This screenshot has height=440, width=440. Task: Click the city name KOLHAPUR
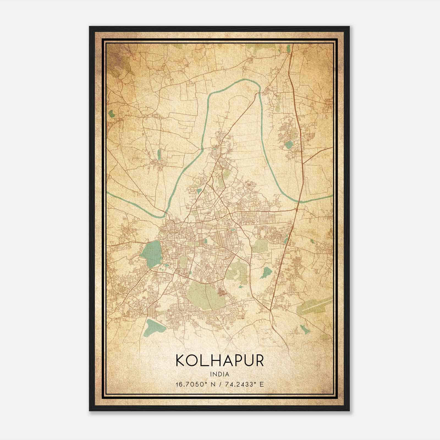220,361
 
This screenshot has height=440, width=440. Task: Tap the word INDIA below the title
220,374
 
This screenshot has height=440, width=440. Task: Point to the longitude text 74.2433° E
244,384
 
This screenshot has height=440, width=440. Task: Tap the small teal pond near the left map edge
111,113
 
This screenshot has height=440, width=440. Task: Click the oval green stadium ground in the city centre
184,260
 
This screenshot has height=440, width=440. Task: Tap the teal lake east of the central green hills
266,273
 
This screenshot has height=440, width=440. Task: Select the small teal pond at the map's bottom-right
304,329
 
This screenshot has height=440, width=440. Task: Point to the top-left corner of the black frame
90,27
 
